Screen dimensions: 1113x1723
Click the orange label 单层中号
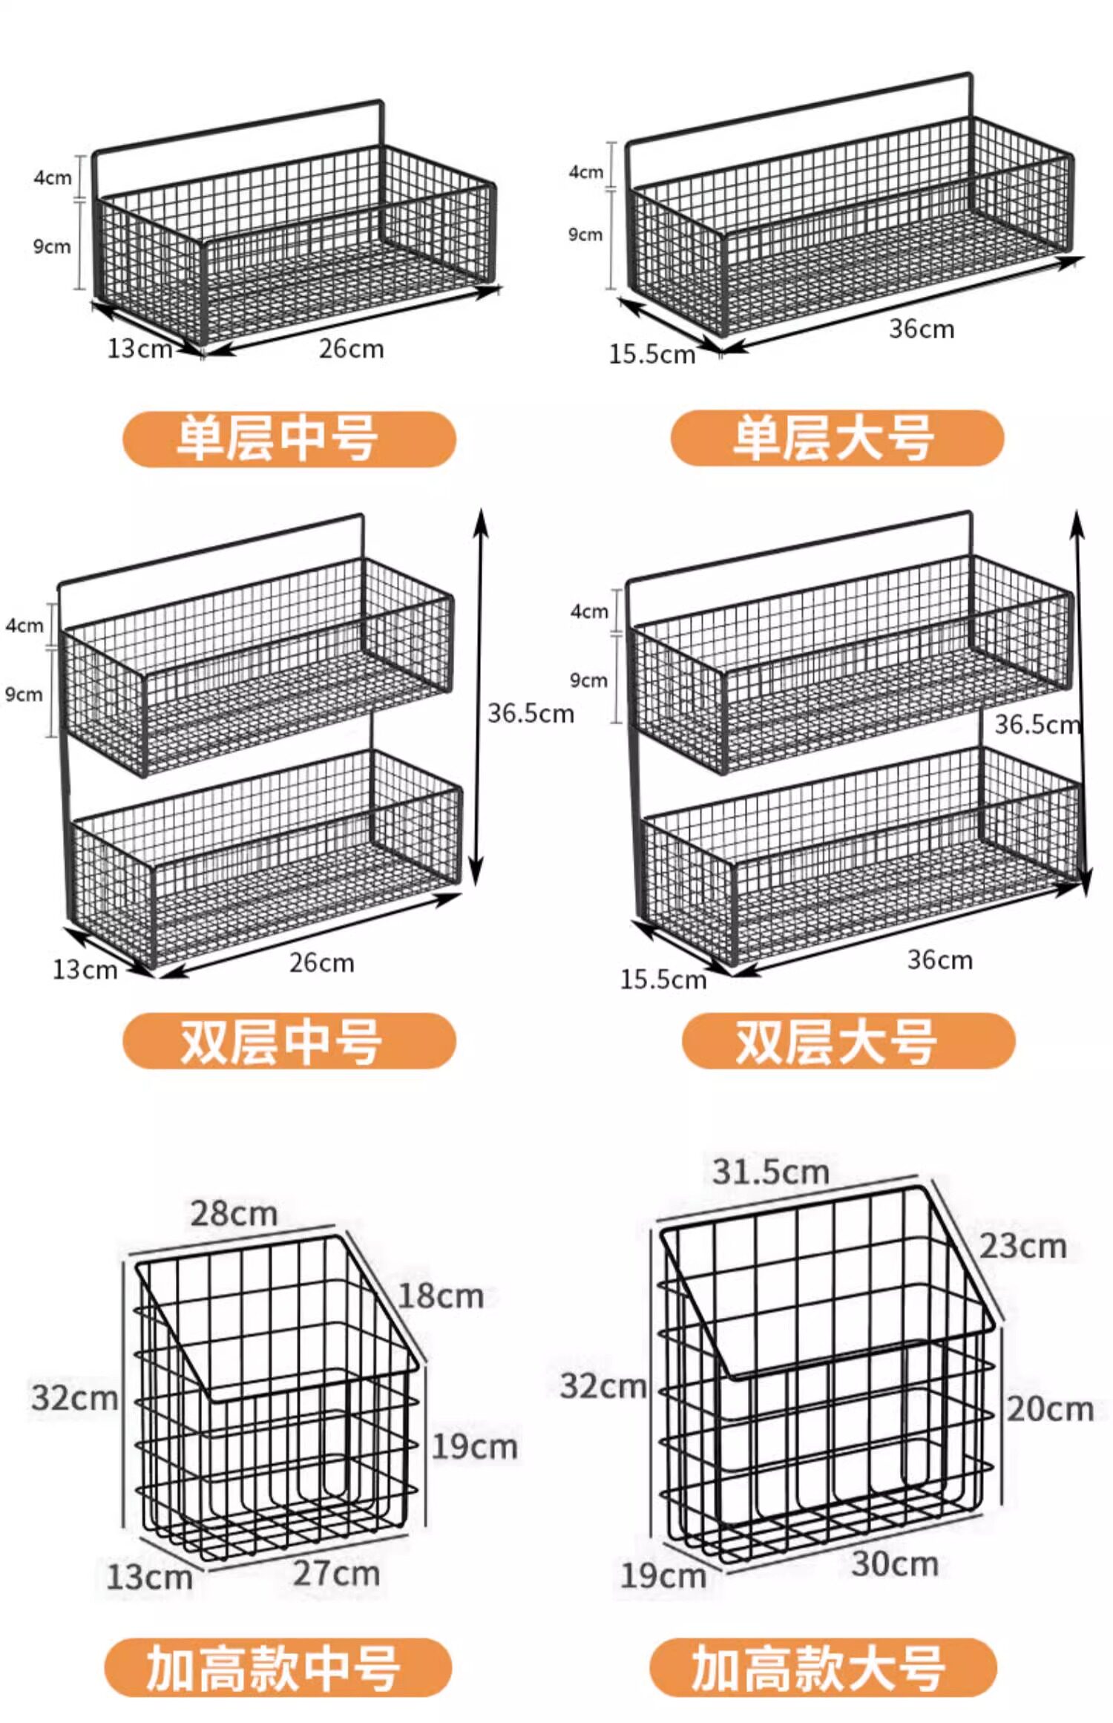coord(289,439)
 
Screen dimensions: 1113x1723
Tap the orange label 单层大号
coord(836,438)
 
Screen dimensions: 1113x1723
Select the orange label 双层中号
coord(289,1040)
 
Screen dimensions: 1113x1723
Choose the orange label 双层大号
coord(847,1040)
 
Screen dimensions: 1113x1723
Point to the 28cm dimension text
coord(234,1214)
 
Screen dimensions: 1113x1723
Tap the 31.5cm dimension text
coord(770,1172)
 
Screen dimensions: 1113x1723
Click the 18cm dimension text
coord(441,1296)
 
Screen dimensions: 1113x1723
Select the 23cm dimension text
coord(1022,1247)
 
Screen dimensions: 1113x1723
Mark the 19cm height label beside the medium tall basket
coord(474,1447)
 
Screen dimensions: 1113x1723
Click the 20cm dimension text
coord(1050,1409)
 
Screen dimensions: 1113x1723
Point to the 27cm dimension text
coord(336,1573)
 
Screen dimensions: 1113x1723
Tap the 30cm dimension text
coord(895,1563)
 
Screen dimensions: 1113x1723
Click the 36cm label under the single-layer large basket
coord(922,329)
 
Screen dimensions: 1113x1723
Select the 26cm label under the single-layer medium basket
coord(351,349)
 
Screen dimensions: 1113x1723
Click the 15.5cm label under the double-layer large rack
coord(663,979)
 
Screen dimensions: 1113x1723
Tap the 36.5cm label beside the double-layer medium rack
coord(531,714)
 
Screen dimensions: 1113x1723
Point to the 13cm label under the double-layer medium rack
coord(85,970)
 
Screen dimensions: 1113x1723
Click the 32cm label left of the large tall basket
coord(603,1386)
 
